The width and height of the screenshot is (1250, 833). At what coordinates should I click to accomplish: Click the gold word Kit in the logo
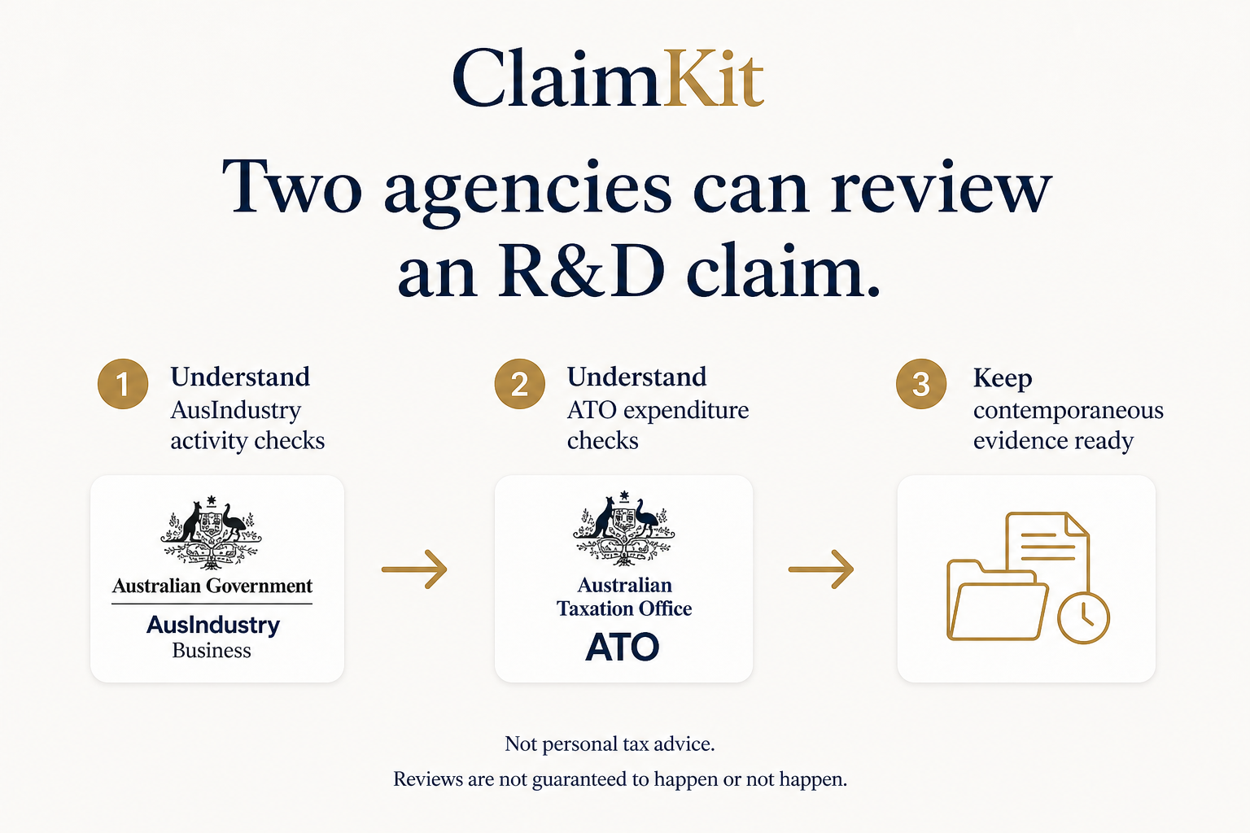pyautogui.click(x=713, y=78)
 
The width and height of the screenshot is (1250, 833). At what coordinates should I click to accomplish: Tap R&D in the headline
pyautogui.click(x=581, y=270)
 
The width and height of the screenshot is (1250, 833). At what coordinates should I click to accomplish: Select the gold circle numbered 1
pyautogui.click(x=123, y=384)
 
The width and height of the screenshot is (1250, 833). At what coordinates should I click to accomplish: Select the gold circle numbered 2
pyautogui.click(x=519, y=384)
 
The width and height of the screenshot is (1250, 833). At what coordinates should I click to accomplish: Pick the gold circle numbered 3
pyautogui.click(x=921, y=384)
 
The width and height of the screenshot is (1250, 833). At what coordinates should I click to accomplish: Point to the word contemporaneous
pyautogui.click(x=1068, y=410)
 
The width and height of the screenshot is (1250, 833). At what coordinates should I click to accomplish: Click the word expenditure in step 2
pyautogui.click(x=686, y=411)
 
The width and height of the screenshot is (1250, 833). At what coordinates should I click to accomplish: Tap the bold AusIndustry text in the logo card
pyautogui.click(x=213, y=626)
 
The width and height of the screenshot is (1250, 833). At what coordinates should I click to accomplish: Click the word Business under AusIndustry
pyautogui.click(x=212, y=651)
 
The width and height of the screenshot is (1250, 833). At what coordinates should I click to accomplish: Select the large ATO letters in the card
pyautogui.click(x=623, y=648)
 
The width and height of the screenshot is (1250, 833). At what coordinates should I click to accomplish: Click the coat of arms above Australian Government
pyautogui.click(x=211, y=532)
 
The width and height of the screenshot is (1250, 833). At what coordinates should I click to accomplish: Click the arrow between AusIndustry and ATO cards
pyautogui.click(x=414, y=569)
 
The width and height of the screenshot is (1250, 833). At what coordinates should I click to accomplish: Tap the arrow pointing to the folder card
pyautogui.click(x=821, y=569)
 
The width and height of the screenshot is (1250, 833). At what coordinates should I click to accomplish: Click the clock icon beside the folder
pyautogui.click(x=1084, y=618)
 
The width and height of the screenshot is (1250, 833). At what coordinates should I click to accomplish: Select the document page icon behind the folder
pyautogui.click(x=1047, y=550)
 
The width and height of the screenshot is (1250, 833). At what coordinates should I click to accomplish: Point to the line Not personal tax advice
pyautogui.click(x=610, y=744)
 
